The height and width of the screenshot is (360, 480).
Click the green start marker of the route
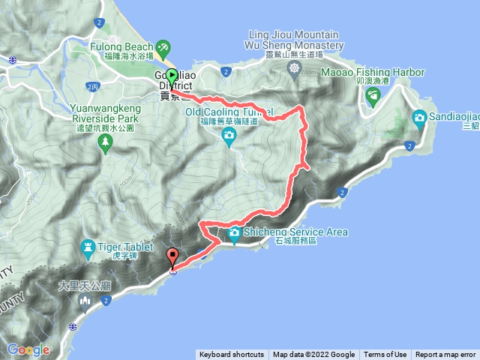[172, 76]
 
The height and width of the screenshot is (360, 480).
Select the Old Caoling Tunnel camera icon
[229, 135]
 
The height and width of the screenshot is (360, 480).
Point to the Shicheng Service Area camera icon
[235, 232]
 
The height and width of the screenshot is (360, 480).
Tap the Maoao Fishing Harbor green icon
[373, 94]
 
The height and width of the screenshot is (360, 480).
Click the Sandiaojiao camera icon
[419, 117]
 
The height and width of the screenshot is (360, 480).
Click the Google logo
[28, 349]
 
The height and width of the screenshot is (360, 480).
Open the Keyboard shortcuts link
[232, 355]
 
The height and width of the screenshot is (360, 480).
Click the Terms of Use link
[385, 355]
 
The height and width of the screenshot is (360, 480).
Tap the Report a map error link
[445, 355]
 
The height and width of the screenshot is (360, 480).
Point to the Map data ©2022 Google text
[313, 355]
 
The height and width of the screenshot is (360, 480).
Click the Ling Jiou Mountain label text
[293, 34]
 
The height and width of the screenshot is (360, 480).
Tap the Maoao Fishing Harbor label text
[373, 73]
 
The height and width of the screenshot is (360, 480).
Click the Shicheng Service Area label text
[295, 232]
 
